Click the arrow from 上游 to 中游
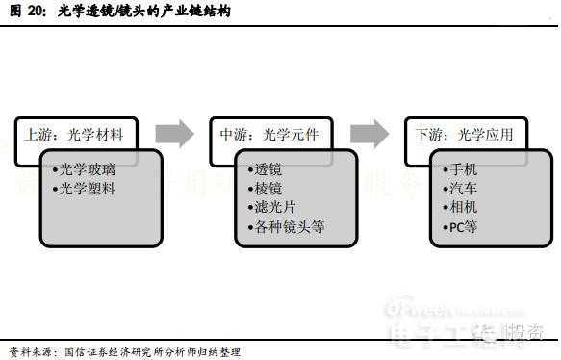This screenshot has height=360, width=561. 174,133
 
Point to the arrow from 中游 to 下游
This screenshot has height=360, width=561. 369,133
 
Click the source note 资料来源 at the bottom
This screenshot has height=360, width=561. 29,351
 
